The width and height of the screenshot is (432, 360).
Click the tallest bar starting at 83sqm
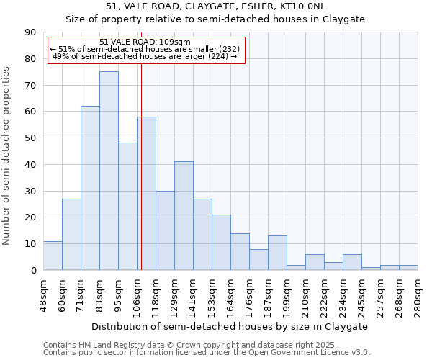pos(109,171)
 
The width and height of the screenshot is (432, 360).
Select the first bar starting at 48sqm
pos(53,256)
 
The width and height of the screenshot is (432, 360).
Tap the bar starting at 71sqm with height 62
pos(90,188)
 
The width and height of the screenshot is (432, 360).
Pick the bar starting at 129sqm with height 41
pos(184,216)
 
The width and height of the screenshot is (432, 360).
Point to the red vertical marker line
pos(141,180)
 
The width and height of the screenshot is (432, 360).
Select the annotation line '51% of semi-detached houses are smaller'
pos(145,49)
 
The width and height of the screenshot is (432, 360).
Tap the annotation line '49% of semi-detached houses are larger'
pos(145,56)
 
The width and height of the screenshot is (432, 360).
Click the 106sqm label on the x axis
pos(137,294)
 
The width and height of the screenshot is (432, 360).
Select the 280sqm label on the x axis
pos(418,294)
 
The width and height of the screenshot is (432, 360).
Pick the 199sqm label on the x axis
pos(287,294)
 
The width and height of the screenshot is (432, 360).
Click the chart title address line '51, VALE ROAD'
pos(216,6)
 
